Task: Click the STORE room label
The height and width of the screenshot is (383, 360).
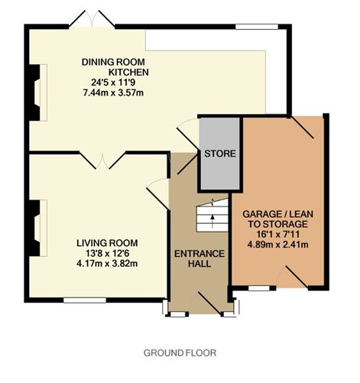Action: tap(220, 154)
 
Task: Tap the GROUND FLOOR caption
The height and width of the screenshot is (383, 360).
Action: tap(180, 353)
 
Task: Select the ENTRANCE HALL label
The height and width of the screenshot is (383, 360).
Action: tap(199, 258)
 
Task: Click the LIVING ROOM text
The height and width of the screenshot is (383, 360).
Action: tap(107, 243)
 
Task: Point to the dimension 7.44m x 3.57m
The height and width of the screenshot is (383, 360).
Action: tap(113, 93)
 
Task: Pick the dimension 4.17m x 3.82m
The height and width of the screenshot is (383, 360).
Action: tap(107, 263)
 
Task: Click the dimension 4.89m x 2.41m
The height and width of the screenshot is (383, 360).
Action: tap(277, 245)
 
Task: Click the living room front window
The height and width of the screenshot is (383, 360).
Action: tap(85, 300)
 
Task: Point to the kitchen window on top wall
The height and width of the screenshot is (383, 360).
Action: tap(257, 27)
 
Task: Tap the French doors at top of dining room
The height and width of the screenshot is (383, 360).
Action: tap(92, 19)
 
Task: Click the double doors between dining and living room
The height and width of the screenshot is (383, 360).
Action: tap(102, 161)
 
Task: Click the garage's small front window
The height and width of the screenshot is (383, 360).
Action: tap(259, 288)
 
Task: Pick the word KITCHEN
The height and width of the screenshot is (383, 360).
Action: tap(128, 72)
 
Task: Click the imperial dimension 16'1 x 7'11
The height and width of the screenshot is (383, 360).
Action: tap(277, 234)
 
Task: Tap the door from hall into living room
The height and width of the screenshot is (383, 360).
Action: tap(158, 194)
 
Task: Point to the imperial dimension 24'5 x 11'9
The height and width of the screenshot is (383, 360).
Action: tap(113, 83)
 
